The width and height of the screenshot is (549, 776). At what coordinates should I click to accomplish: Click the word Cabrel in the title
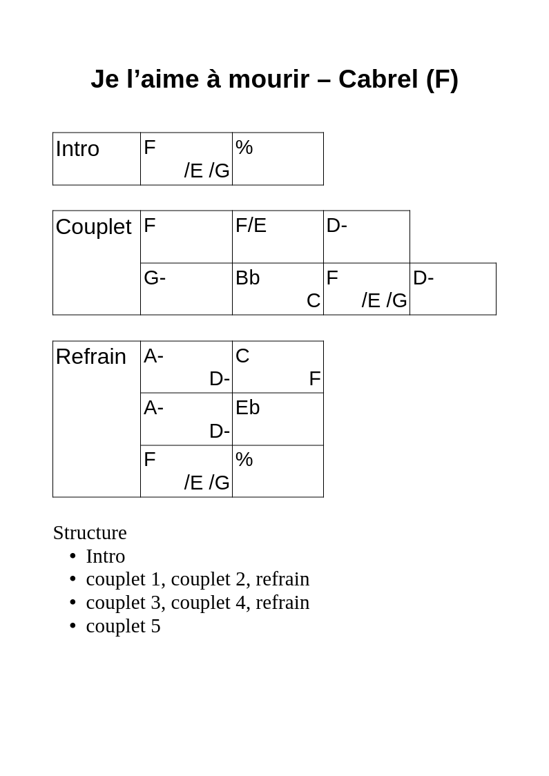click(378, 79)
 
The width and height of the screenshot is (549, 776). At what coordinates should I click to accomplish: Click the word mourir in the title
click(269, 79)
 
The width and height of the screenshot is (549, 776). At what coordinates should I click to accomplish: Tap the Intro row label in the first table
click(77, 149)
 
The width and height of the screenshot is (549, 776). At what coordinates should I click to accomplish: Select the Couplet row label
click(93, 228)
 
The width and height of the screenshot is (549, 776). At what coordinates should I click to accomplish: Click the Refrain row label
click(90, 357)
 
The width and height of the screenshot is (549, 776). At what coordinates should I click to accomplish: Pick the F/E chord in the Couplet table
click(251, 226)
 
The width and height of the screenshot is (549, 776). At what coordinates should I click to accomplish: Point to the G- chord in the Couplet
click(155, 278)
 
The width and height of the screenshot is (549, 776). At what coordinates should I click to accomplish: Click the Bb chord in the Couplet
click(247, 278)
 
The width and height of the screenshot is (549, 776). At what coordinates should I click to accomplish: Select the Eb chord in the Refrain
click(247, 408)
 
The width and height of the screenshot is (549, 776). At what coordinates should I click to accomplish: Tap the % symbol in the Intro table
click(244, 148)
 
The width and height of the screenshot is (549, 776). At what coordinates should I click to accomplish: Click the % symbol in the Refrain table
click(244, 460)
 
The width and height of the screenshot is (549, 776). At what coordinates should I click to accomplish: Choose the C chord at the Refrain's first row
click(242, 356)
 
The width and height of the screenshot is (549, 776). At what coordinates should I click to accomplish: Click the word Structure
click(90, 533)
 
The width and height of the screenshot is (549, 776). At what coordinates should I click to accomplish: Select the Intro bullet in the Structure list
click(106, 556)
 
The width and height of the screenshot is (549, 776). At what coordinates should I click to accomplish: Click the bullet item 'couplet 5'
click(123, 626)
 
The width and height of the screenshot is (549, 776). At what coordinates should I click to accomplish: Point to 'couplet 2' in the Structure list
click(211, 579)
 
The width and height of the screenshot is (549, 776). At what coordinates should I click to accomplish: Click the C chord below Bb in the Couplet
click(314, 301)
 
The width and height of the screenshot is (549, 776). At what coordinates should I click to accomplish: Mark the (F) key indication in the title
click(442, 79)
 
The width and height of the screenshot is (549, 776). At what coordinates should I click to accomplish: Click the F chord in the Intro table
click(149, 148)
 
